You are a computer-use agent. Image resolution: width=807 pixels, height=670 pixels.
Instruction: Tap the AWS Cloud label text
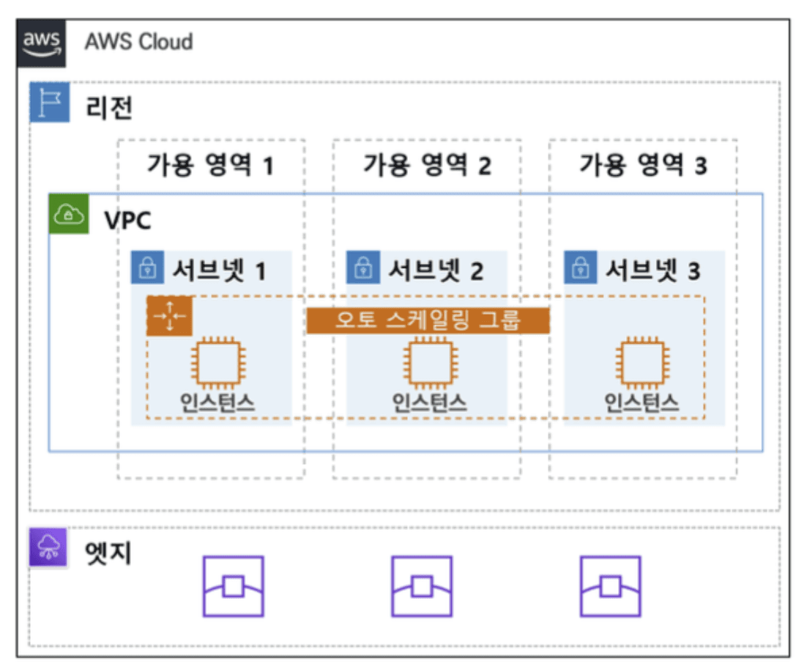(138, 41)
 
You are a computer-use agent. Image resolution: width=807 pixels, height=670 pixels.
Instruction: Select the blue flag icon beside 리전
(49, 103)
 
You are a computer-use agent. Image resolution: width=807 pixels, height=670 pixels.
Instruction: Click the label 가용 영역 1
(211, 164)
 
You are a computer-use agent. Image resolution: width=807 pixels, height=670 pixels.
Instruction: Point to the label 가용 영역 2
(427, 164)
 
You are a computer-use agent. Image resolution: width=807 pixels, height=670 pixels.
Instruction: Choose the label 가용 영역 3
(643, 164)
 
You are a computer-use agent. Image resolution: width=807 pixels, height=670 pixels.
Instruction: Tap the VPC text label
(127, 220)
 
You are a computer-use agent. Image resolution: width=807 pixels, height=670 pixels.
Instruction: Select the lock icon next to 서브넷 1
(148, 268)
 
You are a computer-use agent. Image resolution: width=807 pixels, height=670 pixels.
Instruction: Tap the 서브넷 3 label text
(652, 270)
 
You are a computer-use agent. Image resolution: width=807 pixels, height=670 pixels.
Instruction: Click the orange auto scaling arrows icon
(169, 316)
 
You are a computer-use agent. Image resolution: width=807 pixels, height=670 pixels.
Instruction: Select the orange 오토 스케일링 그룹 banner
(428, 320)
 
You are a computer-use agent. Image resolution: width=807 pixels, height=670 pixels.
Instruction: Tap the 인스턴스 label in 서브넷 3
(641, 401)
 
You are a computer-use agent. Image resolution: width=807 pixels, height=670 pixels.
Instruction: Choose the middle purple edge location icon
(422, 586)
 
